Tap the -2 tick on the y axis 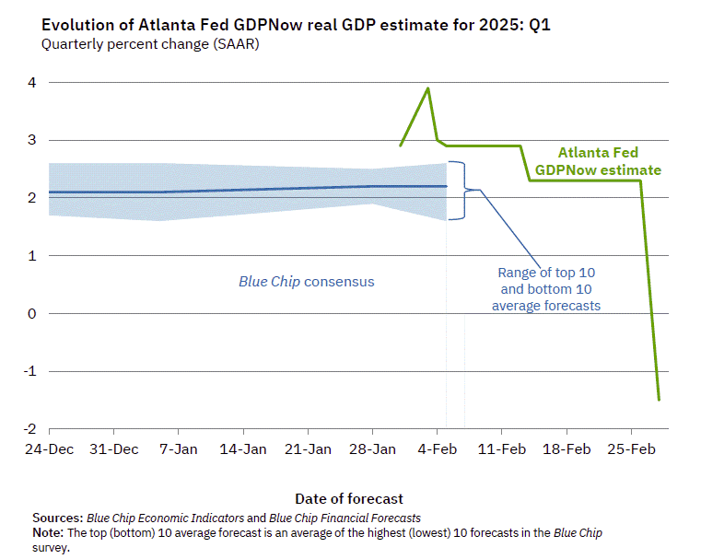(29, 429)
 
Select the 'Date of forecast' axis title (349, 499)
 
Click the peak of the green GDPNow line (427, 88)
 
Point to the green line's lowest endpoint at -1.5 (659, 400)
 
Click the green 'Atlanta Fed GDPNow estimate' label (599, 162)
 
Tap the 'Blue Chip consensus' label (307, 281)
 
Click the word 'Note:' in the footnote (49, 533)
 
